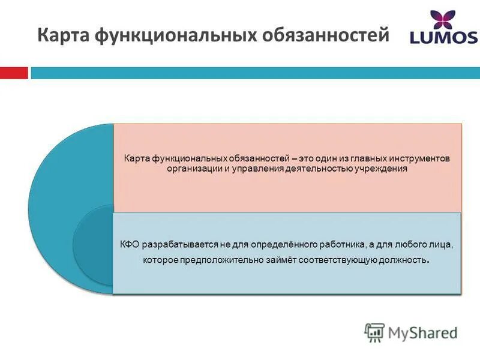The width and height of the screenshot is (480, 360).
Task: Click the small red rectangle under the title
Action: [14, 73]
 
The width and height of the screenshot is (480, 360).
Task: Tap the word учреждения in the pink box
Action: [382, 169]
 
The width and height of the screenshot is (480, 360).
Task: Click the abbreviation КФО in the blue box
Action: [129, 245]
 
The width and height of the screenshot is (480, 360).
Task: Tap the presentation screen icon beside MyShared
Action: [374, 332]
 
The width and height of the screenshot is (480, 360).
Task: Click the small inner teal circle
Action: [93, 245]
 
